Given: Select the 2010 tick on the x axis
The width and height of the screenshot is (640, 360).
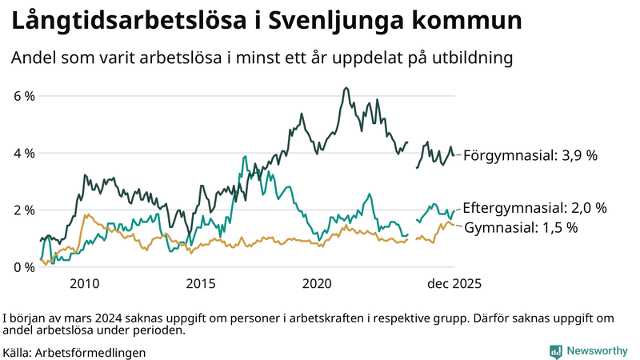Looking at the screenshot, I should tap(84, 283).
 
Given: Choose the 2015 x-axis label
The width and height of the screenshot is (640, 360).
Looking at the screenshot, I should tap(201, 283).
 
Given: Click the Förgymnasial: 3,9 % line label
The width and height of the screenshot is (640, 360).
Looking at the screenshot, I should tap(530, 155).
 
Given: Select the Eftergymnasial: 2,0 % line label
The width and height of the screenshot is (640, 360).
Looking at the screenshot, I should tap(534, 207).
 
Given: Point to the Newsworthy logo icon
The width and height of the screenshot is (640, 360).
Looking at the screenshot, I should tap(555, 351).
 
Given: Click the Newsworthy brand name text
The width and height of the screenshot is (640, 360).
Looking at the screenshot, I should tap(597, 351).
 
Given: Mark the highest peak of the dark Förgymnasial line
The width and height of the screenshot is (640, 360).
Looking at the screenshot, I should tap(345, 88).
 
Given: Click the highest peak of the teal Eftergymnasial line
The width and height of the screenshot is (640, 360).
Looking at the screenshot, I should tap(242, 158).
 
